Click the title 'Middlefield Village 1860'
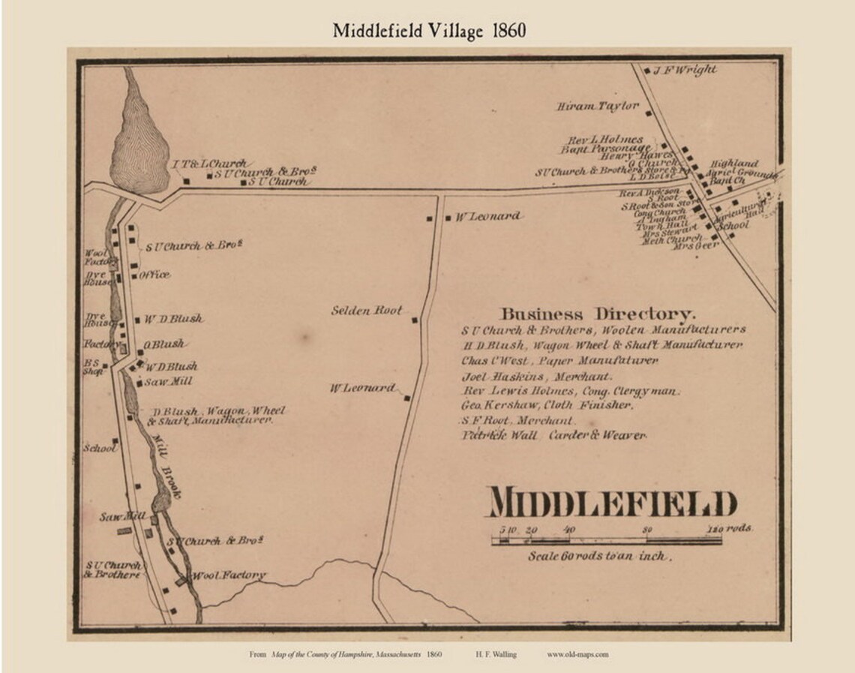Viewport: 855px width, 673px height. tap(430, 30)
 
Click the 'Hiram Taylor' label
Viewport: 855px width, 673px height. tap(597, 107)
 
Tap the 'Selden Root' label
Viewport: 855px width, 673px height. tap(367, 310)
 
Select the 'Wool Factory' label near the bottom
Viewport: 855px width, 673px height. tap(229, 575)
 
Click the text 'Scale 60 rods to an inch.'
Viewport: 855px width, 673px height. tap(599, 556)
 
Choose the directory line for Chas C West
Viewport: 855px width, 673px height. tap(559, 361)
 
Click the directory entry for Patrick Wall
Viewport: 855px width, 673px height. tap(553, 435)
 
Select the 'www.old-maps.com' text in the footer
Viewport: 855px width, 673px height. tap(577, 654)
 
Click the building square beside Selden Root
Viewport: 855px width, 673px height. tap(413, 321)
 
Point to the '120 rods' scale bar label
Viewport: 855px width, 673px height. tap(728, 528)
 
